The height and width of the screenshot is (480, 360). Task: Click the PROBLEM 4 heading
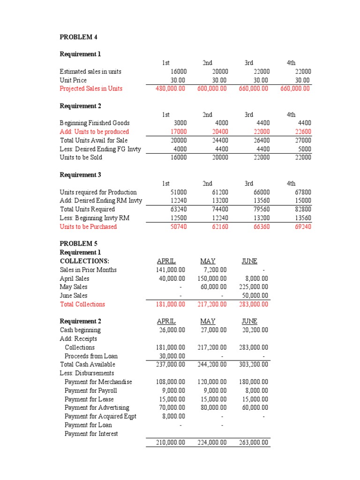78,37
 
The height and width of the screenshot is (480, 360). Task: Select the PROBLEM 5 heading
78,244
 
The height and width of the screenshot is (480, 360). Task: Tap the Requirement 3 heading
80,175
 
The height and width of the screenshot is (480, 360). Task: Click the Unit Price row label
73,80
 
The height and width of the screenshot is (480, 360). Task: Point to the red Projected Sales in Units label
91,89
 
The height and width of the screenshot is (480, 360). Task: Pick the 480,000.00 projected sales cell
170,89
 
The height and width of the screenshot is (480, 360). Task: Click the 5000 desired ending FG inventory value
304,149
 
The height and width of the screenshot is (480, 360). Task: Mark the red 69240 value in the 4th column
302,227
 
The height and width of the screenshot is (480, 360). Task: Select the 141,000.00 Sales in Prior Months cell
170,270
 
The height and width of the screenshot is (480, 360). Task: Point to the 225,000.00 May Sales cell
254,287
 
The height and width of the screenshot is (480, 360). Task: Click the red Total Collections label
82,304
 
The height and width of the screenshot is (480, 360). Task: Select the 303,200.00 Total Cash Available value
254,364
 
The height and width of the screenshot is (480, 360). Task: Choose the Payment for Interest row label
91,434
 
